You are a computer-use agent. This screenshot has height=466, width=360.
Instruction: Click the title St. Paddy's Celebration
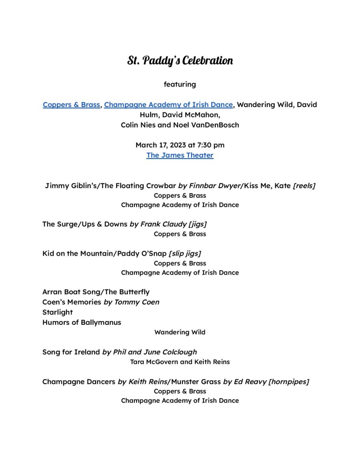point(180,61)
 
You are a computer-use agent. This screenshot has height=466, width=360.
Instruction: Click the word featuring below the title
point(180,84)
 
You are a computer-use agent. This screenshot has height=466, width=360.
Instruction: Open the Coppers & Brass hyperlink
point(71,105)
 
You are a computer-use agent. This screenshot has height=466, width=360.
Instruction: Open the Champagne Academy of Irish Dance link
point(168,105)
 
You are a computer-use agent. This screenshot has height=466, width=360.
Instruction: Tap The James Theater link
point(180,155)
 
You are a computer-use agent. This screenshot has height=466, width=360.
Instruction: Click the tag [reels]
point(304,186)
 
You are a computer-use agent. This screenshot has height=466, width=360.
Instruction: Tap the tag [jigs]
point(198,224)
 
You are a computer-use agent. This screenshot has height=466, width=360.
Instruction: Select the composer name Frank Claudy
point(163,224)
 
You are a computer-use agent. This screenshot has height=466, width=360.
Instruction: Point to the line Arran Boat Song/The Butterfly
point(96,292)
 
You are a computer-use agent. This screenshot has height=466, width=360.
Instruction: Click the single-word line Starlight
point(57,312)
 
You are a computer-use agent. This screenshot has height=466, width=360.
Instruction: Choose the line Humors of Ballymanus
point(82,323)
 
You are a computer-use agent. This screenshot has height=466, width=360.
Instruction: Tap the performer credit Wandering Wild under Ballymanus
point(180,333)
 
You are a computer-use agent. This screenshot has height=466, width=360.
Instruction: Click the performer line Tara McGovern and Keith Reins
point(180,362)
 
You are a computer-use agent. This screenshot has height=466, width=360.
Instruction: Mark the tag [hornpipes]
point(289,382)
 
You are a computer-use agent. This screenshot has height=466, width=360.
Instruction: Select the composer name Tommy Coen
point(137,302)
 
